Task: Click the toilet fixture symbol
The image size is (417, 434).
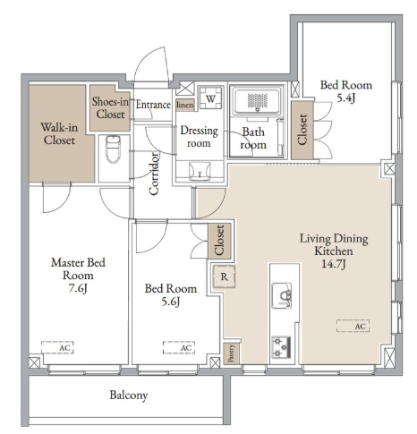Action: pyautogui.click(x=113, y=149)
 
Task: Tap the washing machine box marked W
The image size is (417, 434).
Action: pyautogui.click(x=211, y=98)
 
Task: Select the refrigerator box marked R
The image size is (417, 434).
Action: pyautogui.click(x=224, y=277)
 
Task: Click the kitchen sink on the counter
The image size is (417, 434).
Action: pyautogui.click(x=281, y=295)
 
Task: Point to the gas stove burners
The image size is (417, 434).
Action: pyautogui.click(x=281, y=347)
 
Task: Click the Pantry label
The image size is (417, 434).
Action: pyautogui.click(x=231, y=353)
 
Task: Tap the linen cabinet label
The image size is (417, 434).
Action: pyautogui.click(x=185, y=105)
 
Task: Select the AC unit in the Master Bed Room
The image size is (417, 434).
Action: pyautogui.click(x=57, y=347)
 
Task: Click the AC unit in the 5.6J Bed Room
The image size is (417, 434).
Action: pyautogui.click(x=179, y=347)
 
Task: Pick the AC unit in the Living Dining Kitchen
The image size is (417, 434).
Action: pyautogui.click(x=353, y=326)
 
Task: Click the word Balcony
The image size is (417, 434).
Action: pyautogui.click(x=129, y=395)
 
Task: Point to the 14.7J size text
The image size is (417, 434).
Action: pyautogui.click(x=334, y=264)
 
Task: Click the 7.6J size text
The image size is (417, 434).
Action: pyautogui.click(x=78, y=288)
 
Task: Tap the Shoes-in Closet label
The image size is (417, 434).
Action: pyautogui.click(x=110, y=107)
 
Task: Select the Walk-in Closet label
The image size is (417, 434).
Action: pyautogui.click(x=59, y=133)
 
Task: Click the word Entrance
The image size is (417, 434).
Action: pyautogui.click(x=153, y=105)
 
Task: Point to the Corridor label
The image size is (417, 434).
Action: pyautogui.click(x=154, y=174)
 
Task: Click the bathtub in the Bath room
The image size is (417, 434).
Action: pyautogui.click(x=258, y=101)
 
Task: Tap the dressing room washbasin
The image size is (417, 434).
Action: pyautogui.click(x=200, y=171)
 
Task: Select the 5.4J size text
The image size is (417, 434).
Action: pyautogui.click(x=345, y=98)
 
